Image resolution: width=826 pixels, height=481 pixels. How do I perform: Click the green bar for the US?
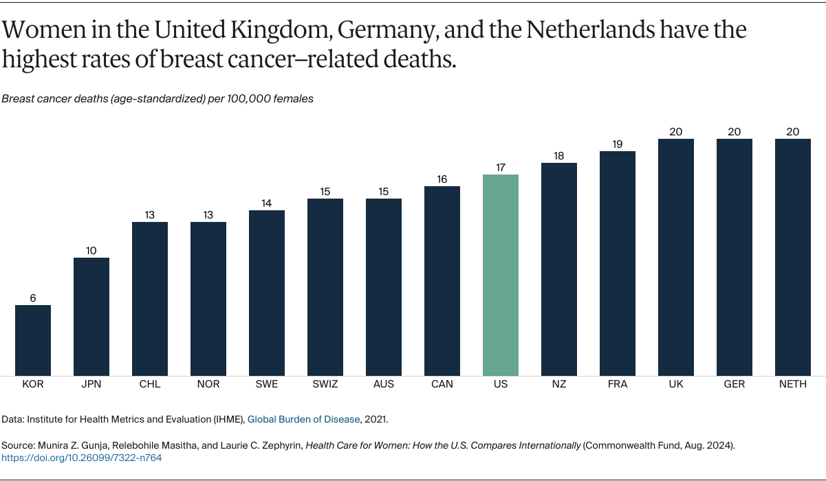click(501, 275)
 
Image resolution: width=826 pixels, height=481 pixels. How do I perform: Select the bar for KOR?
click(33, 340)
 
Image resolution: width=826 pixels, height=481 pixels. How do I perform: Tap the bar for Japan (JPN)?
click(91, 316)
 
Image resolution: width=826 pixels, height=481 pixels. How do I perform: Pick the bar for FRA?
click(618, 263)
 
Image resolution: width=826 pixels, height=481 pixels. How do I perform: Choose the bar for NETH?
click(793, 257)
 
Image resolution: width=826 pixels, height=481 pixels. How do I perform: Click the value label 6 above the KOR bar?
click(33, 298)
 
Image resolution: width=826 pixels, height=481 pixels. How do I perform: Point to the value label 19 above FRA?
click(618, 144)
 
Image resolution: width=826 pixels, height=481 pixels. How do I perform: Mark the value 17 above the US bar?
click(501, 168)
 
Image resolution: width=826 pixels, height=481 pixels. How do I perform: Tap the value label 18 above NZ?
click(559, 156)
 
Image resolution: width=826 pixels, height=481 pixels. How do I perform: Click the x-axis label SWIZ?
click(325, 384)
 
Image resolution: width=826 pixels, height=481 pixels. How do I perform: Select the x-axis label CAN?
click(442, 384)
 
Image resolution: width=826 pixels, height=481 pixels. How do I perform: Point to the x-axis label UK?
click(676, 384)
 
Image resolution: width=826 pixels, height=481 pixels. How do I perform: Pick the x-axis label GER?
click(735, 384)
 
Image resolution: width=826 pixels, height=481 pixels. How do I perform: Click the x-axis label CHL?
click(150, 384)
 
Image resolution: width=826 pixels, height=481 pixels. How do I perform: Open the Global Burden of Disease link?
click(303, 418)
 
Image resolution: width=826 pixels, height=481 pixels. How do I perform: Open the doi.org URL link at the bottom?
click(82, 458)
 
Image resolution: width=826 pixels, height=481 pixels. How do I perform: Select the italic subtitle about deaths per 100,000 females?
click(157, 98)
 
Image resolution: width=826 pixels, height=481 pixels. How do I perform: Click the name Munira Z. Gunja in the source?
click(72, 445)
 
